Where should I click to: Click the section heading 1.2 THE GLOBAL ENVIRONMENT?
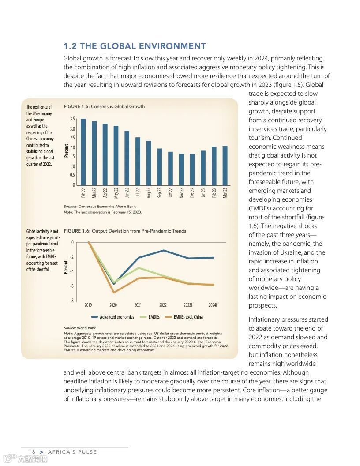pos(135,46)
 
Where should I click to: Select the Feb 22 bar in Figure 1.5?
pos(83,152)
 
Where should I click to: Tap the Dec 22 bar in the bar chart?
pos(192,169)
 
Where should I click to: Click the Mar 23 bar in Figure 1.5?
pos(225,165)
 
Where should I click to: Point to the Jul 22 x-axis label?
pos(138,192)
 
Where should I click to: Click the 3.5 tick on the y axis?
pos(72,119)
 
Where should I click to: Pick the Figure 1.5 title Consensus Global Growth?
pos(104,106)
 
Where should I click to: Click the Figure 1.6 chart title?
pos(125,231)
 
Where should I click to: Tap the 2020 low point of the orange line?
pos(114,293)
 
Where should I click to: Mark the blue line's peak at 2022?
pos(164,250)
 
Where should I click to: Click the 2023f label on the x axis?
pos(188,305)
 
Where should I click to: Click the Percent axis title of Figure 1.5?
pos(67,151)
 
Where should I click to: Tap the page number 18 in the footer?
pos(32,452)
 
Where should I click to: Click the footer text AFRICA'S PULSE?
pos(72,452)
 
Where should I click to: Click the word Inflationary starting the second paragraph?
pos(266,319)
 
